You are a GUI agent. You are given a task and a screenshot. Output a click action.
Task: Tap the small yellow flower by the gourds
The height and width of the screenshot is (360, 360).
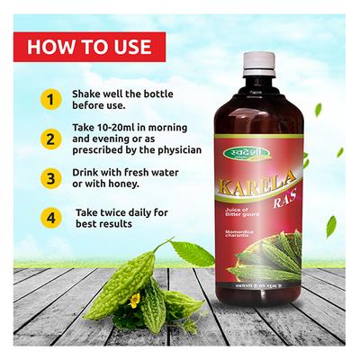134,301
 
